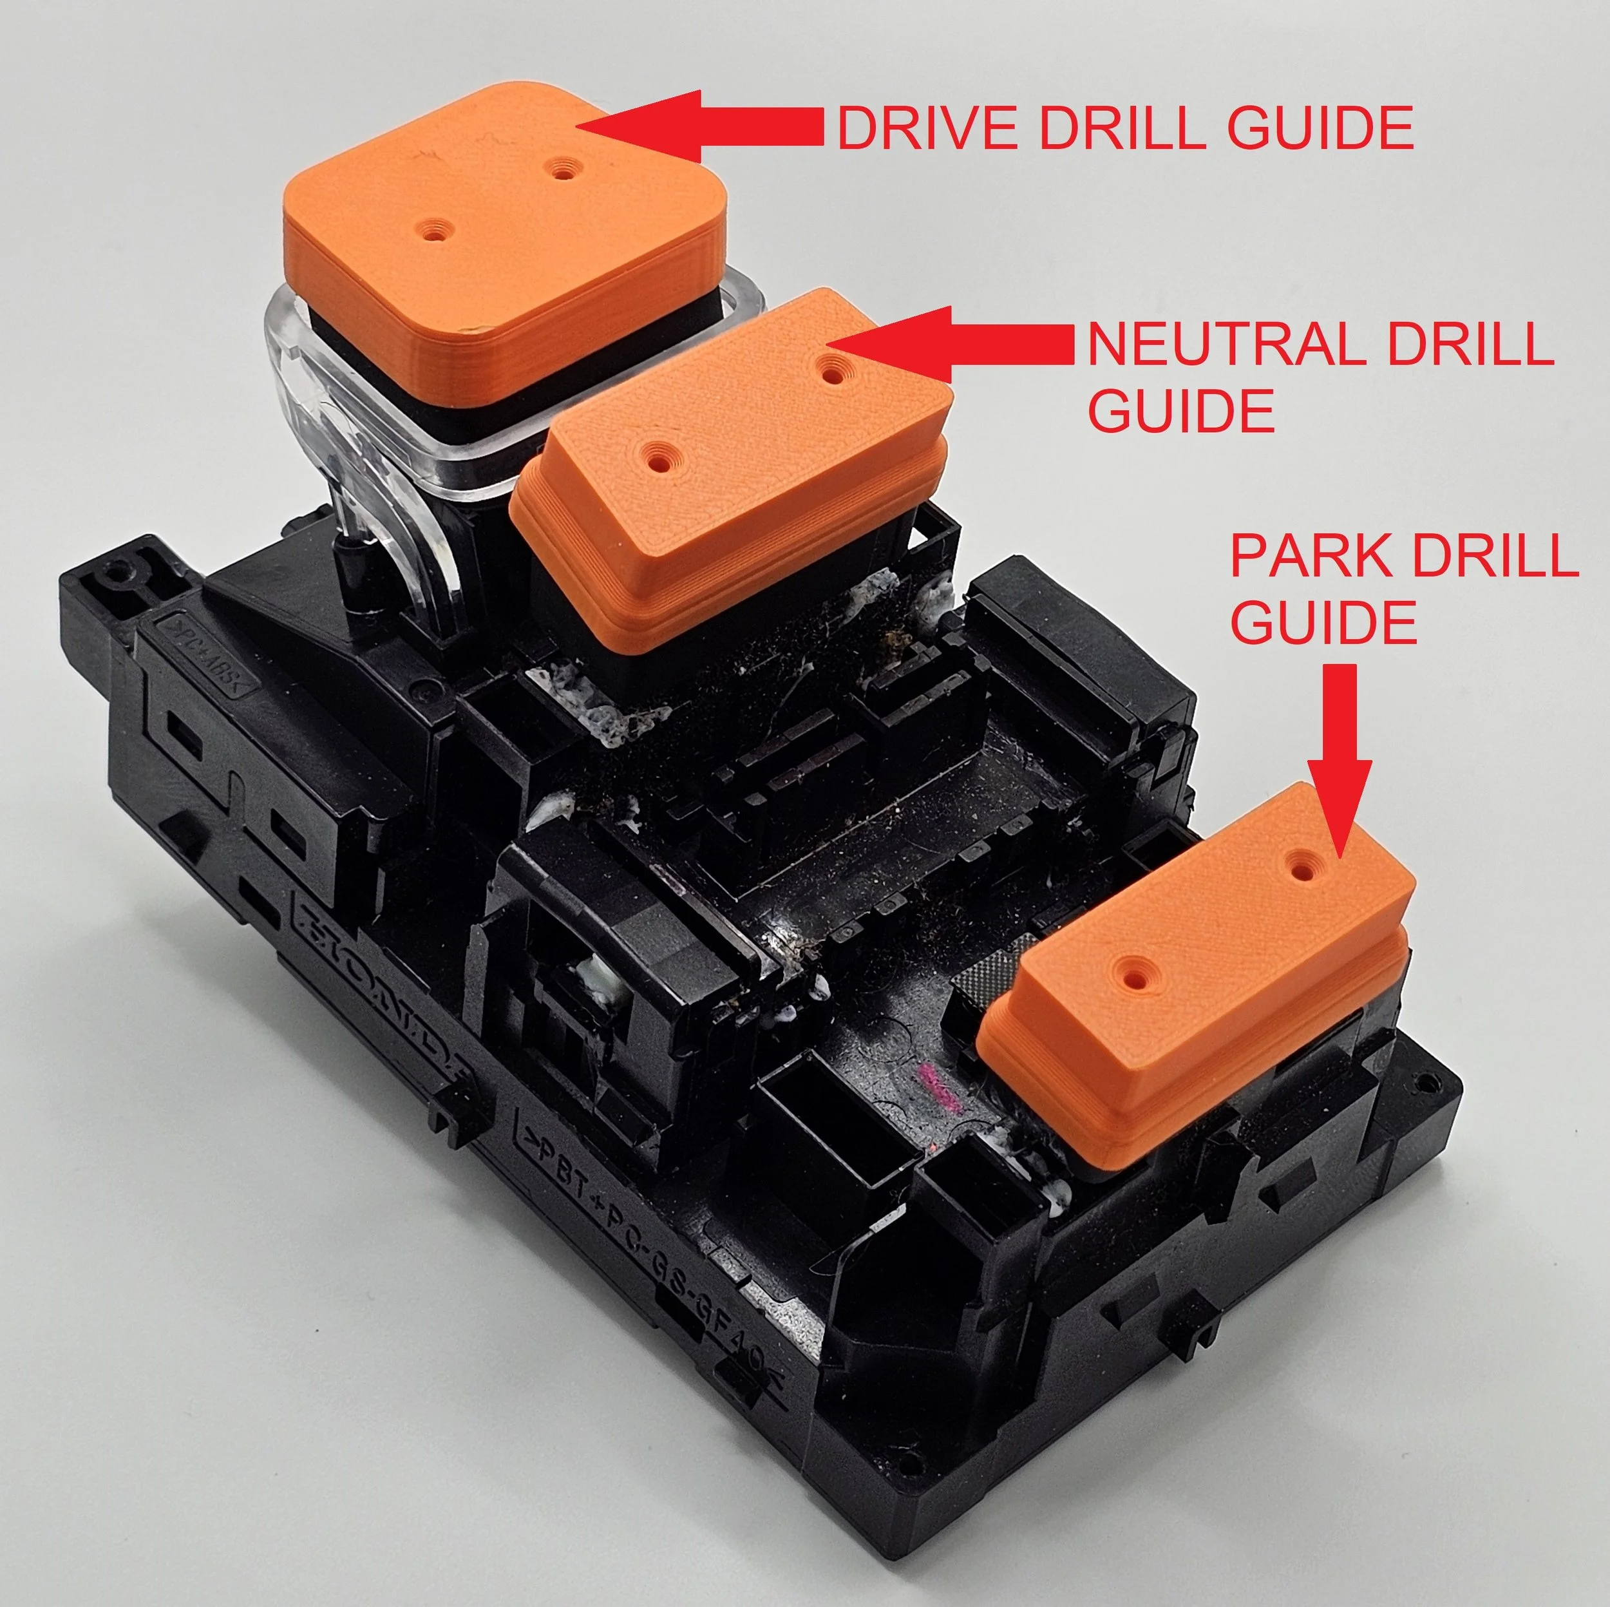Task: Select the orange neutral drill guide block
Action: coord(734,467)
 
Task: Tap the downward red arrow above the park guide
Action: coord(1339,750)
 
